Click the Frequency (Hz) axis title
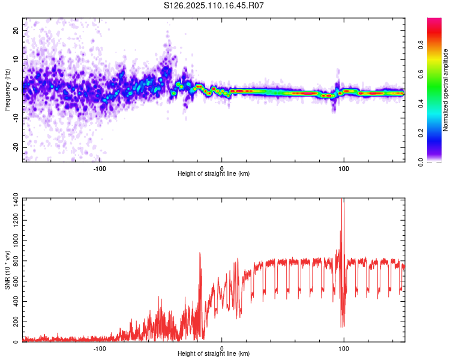click(x=7, y=90)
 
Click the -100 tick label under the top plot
click(x=100, y=167)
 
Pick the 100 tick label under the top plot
click(x=344, y=167)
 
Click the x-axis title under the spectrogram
click(x=214, y=174)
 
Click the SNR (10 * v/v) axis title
click(x=7, y=270)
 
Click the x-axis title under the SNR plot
click(x=214, y=354)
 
